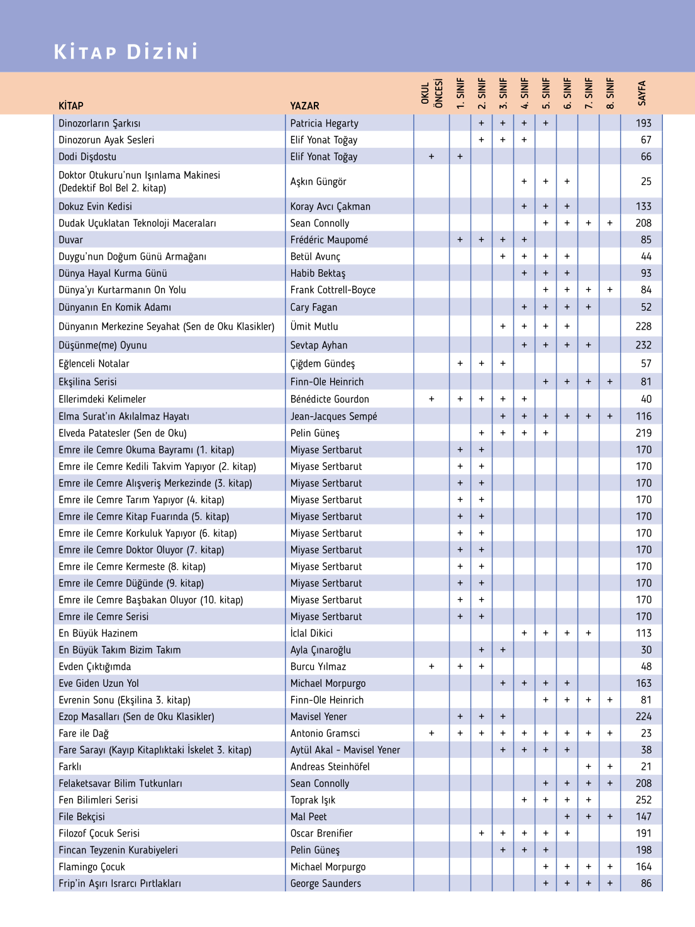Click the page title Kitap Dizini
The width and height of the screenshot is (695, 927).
126,52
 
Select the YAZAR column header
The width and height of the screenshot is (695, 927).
304,106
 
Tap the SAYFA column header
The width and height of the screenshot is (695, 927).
642,93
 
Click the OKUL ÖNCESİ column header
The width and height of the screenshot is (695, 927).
431,93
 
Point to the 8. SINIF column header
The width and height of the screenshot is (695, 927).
609,93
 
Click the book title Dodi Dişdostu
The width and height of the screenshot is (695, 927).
87,157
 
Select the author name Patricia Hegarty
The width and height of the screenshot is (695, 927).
324,123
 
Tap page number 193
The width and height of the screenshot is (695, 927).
643,123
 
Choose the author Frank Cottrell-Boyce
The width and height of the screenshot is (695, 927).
333,290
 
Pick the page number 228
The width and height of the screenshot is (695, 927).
643,326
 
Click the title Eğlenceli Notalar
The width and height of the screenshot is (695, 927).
94,364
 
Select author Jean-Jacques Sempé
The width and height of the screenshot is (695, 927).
333,416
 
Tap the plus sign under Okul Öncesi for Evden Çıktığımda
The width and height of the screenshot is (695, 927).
431,667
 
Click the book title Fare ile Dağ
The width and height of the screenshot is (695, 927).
84,733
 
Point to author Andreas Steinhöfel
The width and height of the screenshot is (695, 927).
330,767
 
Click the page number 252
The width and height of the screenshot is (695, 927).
643,800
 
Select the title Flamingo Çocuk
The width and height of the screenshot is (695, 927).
92,867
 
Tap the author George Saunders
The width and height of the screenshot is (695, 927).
325,884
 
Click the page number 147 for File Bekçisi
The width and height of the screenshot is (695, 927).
643,817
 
